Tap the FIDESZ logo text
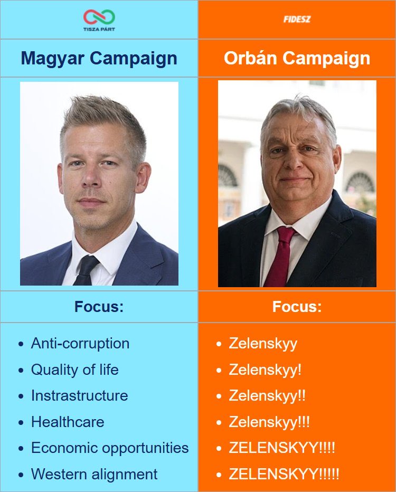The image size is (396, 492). [297, 20]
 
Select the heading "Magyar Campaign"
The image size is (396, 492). [99, 58]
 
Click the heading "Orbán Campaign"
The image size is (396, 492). [297, 58]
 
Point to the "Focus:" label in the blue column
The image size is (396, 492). [99, 307]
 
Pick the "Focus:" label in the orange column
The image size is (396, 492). [297, 307]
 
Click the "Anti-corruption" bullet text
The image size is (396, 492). [80, 343]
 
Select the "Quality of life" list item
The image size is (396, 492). [74, 370]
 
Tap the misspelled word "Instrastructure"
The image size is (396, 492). [79, 395]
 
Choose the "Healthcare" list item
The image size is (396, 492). [68, 422]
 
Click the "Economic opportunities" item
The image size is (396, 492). [110, 448]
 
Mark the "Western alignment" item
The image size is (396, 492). [94, 474]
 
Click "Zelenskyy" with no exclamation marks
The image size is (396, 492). [263, 343]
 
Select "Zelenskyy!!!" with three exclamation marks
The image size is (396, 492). [269, 422]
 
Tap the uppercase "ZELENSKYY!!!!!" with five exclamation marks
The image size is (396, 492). [284, 474]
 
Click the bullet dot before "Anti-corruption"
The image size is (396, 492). [21, 344]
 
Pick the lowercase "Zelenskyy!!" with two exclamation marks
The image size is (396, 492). [267, 395]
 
